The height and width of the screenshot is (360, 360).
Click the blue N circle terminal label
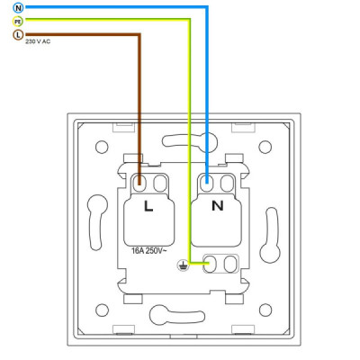(18, 8)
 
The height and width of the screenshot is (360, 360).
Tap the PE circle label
(18, 22)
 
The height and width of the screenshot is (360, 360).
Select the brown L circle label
(18, 35)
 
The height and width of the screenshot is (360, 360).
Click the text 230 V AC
(38, 41)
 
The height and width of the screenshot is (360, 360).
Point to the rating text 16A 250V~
(148, 251)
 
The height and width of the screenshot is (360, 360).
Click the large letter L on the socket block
(148, 206)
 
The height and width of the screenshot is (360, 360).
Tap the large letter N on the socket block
(218, 206)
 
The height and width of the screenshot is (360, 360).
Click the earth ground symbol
(183, 265)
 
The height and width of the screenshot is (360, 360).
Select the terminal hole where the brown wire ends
(139, 183)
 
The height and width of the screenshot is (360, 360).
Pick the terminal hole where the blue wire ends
(207, 183)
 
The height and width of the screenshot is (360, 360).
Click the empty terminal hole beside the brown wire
(160, 183)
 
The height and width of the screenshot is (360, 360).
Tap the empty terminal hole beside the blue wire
(227, 183)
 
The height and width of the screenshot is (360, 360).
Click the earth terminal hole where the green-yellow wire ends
(211, 264)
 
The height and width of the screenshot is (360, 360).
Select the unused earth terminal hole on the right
(230, 264)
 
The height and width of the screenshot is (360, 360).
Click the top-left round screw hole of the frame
(102, 147)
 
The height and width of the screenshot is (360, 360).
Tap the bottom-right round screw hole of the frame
(265, 310)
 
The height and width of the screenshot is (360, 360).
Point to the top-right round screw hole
(265, 147)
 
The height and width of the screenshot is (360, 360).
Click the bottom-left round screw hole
(102, 310)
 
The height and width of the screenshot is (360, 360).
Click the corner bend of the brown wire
(139, 35)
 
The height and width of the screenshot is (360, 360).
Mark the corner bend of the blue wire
(207, 7)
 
